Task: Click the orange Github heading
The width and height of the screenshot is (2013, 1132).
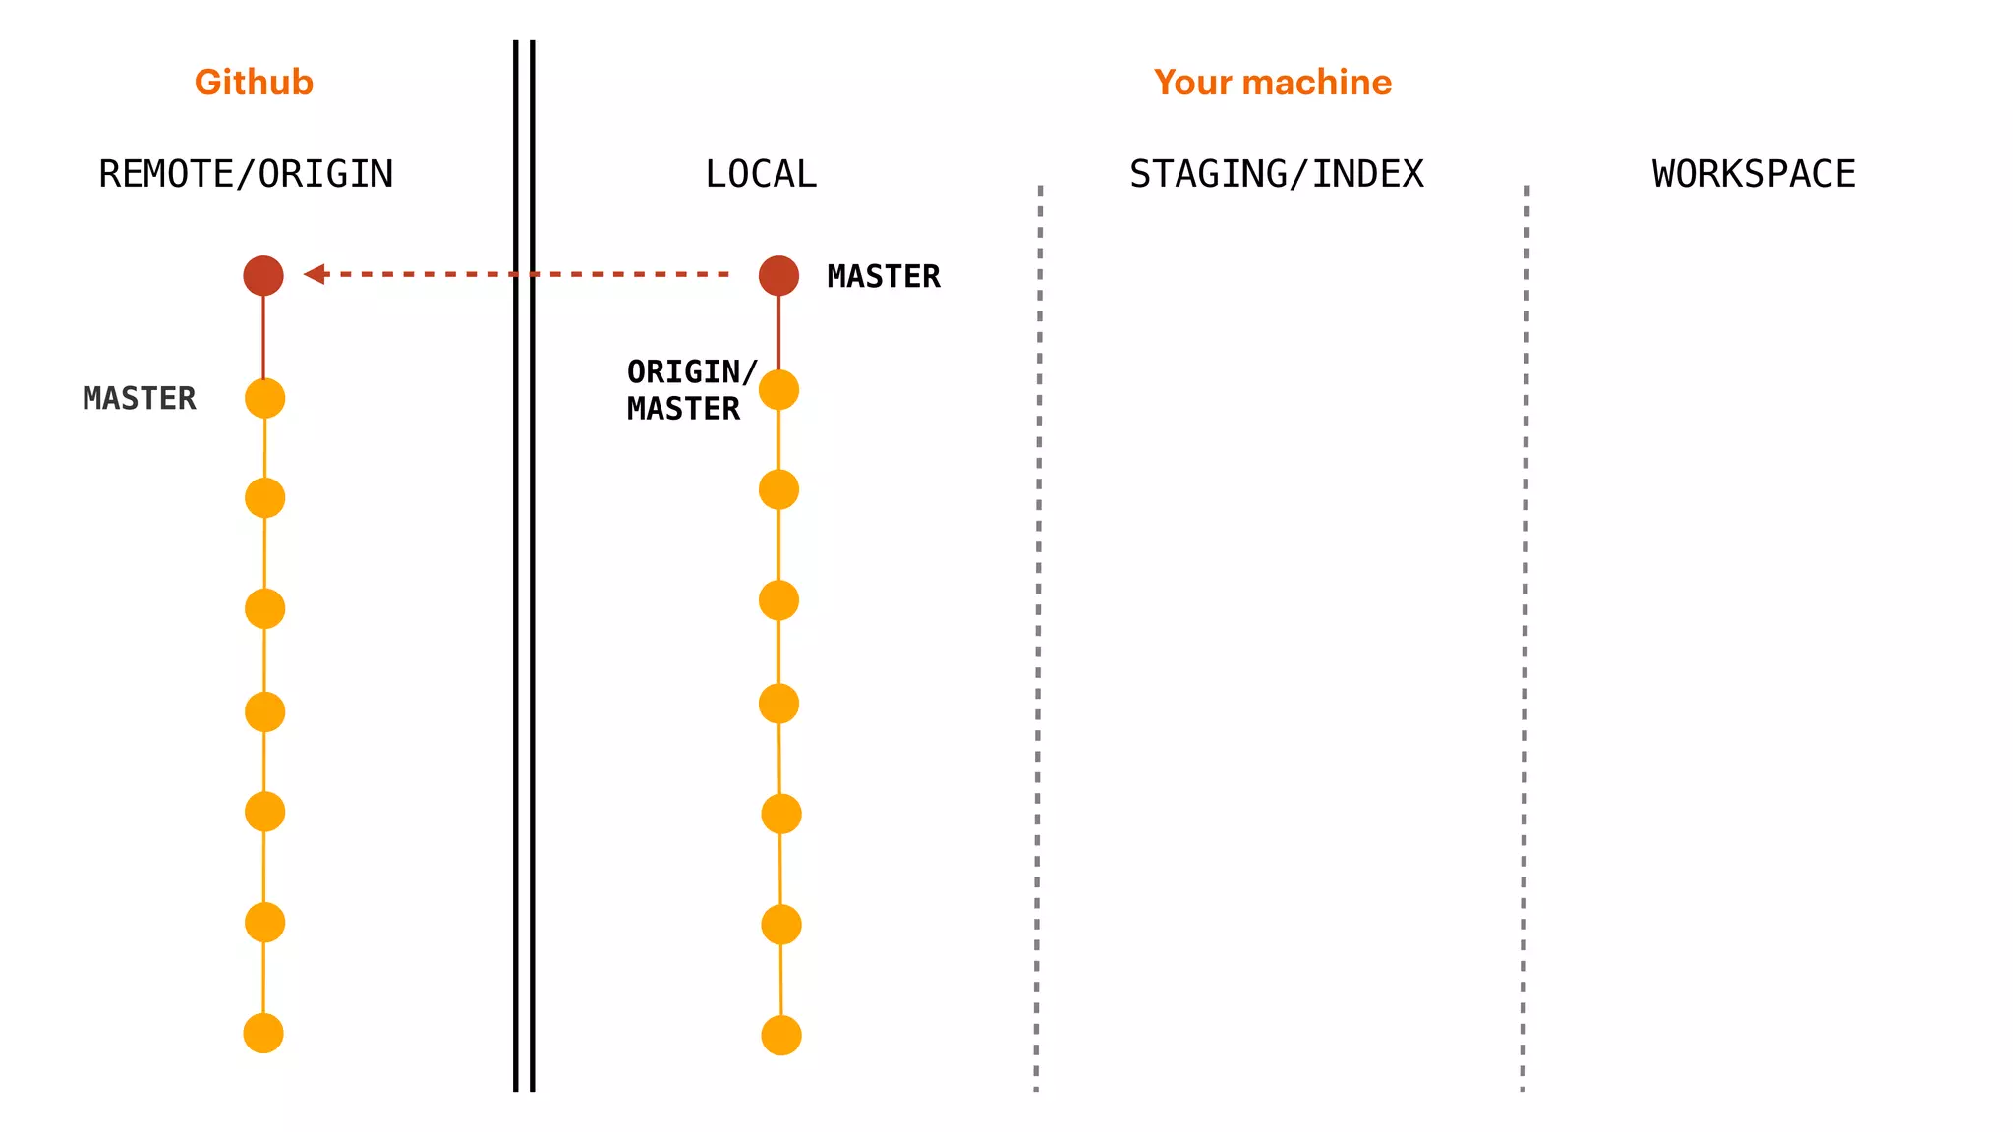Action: (254, 83)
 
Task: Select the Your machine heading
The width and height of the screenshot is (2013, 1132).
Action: (1272, 83)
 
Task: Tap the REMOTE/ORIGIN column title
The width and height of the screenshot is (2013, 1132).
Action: (246, 174)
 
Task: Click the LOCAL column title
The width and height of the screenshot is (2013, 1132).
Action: (761, 174)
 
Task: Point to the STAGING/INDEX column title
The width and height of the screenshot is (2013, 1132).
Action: (1276, 174)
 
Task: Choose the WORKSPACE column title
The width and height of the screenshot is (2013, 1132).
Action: (1754, 174)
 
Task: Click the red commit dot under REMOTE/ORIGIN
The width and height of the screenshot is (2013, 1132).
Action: (263, 275)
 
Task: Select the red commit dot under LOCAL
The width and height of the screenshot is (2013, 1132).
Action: (778, 275)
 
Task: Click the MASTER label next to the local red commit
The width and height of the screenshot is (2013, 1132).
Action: (883, 276)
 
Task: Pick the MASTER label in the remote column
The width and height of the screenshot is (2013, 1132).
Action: (139, 398)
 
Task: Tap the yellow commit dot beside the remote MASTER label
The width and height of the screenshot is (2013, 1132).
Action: (264, 398)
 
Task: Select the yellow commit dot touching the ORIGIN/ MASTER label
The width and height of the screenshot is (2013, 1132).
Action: (778, 390)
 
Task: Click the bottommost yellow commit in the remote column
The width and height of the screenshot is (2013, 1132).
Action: (263, 1033)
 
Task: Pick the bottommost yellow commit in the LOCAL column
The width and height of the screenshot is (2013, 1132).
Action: (781, 1035)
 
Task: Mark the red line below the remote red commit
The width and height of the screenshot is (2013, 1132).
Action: (263, 336)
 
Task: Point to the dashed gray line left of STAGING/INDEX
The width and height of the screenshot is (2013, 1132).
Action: (1038, 639)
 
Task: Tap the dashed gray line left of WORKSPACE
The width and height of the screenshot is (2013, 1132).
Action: (1524, 639)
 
